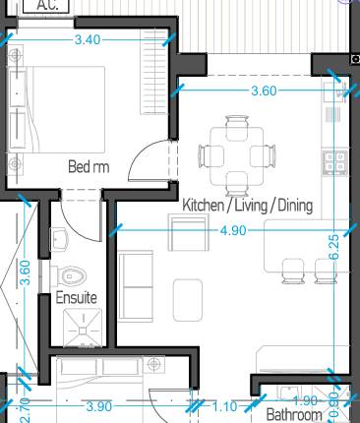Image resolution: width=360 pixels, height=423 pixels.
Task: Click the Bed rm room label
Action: [88, 167]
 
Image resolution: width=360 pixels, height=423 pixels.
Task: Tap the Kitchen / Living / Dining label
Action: [247, 206]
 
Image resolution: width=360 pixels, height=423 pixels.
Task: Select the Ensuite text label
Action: [75, 296]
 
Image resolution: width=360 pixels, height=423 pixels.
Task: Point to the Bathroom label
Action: [294, 415]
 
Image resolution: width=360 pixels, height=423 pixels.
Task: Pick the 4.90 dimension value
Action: [233, 231]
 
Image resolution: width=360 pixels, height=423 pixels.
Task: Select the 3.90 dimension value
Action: [98, 405]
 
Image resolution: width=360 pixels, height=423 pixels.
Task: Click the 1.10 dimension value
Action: [225, 405]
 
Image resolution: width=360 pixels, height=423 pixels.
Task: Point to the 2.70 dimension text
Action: [26, 404]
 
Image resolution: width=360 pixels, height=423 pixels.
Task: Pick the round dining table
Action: [237, 155]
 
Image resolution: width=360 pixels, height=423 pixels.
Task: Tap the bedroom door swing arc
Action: [148, 157]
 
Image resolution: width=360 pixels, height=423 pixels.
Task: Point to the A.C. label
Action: [46, 5]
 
